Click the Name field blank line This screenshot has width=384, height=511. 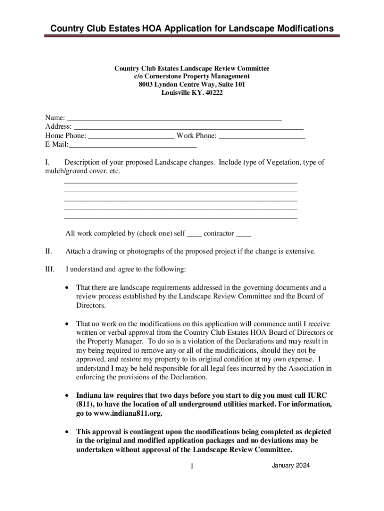pyautogui.click(x=174, y=118)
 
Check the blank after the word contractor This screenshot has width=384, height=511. pyautogui.click(x=243, y=234)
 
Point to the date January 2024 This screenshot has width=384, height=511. pyautogui.click(x=291, y=465)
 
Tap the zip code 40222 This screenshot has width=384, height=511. pyautogui.click(x=206, y=93)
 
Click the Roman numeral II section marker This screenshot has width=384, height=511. pyautogui.click(x=48, y=251)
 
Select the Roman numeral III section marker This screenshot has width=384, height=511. pyautogui.click(x=49, y=269)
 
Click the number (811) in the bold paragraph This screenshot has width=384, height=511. pyautogui.click(x=86, y=404)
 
